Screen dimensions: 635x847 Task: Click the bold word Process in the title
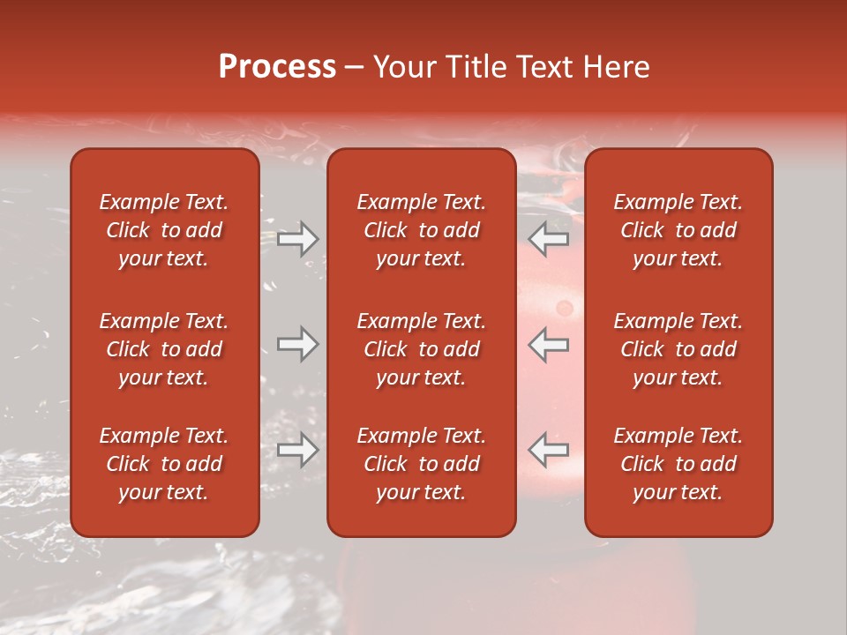click(x=277, y=67)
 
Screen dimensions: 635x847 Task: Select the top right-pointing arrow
click(x=298, y=239)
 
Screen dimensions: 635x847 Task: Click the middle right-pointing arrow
click(x=298, y=344)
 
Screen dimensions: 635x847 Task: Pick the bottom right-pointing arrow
click(x=298, y=450)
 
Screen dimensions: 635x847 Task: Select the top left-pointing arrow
click(x=549, y=239)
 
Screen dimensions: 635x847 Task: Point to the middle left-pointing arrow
click(x=549, y=344)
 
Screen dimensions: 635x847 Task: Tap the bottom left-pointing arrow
click(x=549, y=450)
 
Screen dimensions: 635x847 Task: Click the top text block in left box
click(x=164, y=230)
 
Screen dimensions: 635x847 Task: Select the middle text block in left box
click(x=164, y=349)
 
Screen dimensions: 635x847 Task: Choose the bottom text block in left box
click(x=164, y=464)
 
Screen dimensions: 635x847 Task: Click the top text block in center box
click(x=422, y=230)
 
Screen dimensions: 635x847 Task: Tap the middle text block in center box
click(x=422, y=349)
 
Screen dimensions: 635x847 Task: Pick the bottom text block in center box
click(x=422, y=464)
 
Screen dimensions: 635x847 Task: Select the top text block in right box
click(x=678, y=230)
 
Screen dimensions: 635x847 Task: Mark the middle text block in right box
click(x=678, y=349)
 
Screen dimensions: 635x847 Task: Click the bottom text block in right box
click(x=678, y=464)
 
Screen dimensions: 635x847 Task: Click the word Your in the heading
click(x=403, y=67)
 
